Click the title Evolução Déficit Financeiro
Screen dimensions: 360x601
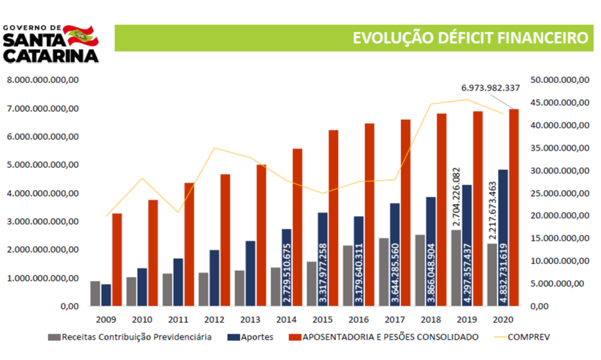point(470,38)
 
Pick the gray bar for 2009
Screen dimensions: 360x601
point(95,293)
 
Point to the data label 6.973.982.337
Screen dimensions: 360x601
point(490,88)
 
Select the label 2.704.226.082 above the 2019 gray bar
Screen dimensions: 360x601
point(456,197)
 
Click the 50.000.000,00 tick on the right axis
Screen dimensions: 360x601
point(559,80)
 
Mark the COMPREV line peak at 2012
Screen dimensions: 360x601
point(214,148)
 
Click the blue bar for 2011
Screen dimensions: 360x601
point(178,282)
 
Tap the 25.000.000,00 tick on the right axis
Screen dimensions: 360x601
point(559,193)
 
